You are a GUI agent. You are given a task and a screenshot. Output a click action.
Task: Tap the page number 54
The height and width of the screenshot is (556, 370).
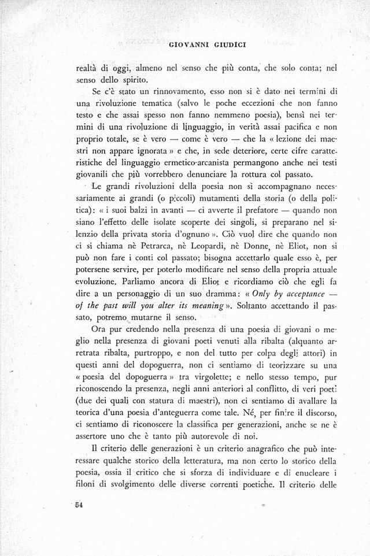pos(79,505)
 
